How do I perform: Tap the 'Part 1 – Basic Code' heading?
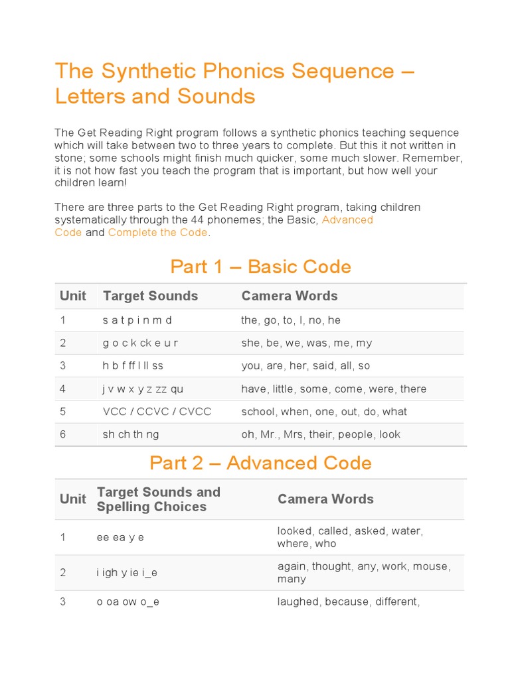click(260, 267)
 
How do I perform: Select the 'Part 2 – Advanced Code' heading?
click(260, 463)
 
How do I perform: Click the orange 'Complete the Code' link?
click(158, 233)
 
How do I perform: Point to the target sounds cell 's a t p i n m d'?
click(137, 320)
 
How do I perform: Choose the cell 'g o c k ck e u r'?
click(140, 343)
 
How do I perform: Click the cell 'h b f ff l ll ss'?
click(133, 366)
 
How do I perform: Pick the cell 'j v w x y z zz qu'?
click(143, 389)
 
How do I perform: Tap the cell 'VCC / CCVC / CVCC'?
click(157, 412)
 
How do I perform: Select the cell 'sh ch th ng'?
click(131, 434)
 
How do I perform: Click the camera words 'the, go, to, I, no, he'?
click(291, 320)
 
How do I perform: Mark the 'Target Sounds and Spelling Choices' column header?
click(158, 499)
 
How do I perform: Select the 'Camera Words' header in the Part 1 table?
click(290, 296)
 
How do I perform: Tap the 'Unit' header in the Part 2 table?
click(73, 499)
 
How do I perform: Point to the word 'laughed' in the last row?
click(298, 602)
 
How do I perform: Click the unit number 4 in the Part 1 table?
click(63, 389)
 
